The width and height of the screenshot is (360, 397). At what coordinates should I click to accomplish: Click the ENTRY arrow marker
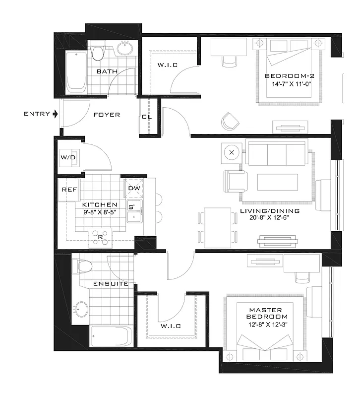click(x=55, y=114)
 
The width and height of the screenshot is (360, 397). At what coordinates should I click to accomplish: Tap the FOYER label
click(x=107, y=115)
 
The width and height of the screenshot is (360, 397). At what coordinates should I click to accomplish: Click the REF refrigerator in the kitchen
click(x=67, y=190)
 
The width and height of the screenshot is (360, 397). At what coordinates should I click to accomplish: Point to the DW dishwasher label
click(x=133, y=189)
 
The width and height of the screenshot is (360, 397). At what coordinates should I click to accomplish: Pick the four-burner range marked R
click(x=100, y=237)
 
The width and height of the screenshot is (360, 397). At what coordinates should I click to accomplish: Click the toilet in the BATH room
click(x=97, y=52)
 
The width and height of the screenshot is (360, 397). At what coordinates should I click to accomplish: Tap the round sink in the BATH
click(x=125, y=50)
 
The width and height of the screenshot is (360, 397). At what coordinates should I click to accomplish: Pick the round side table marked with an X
click(x=232, y=152)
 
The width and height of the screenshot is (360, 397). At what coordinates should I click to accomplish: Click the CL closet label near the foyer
click(x=146, y=118)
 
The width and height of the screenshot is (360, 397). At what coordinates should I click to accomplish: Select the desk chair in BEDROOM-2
click(x=229, y=61)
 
